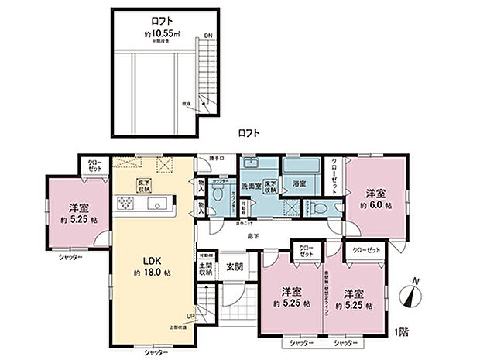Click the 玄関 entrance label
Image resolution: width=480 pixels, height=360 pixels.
[235, 267]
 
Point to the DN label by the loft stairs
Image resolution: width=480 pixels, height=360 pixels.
[207, 36]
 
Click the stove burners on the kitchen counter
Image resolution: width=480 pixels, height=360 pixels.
[126, 204]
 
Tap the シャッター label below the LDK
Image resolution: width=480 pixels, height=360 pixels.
[157, 353]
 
